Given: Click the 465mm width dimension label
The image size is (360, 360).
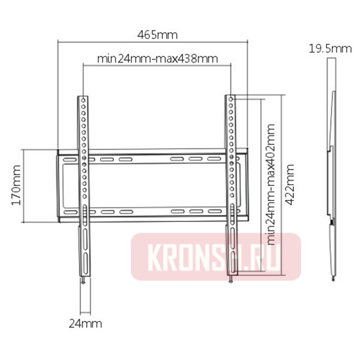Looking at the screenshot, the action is [x=157, y=35].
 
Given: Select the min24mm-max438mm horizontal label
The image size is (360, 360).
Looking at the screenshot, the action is [x=157, y=59].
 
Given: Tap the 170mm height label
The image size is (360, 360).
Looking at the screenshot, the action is [x=17, y=185].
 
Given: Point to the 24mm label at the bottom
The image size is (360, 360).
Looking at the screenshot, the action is [x=85, y=324].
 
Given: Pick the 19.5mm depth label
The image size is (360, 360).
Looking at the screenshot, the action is [x=330, y=49].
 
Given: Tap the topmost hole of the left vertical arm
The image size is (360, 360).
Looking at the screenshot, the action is [x=83, y=100].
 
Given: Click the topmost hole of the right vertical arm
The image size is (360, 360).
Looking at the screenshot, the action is [x=231, y=99].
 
